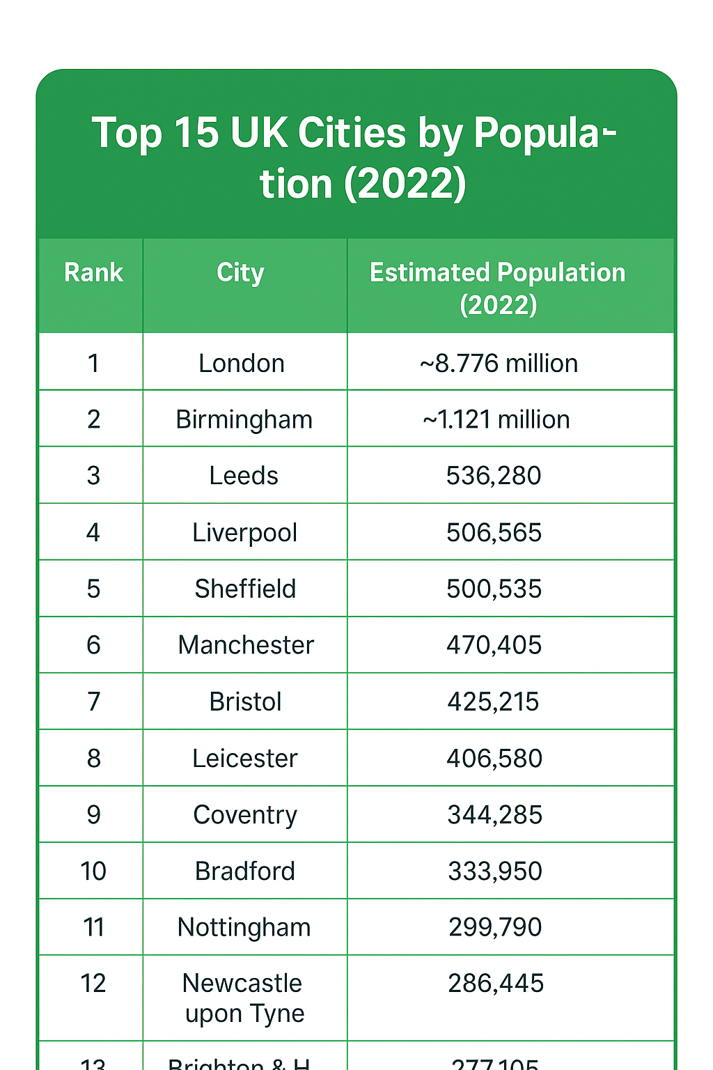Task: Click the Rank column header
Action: click(93, 272)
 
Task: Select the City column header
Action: click(240, 272)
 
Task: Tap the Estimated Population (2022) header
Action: click(498, 288)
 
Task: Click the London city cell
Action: click(242, 363)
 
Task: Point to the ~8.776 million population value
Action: click(499, 363)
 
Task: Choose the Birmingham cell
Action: click(244, 419)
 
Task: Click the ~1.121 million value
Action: click(496, 419)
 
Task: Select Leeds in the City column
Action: click(244, 476)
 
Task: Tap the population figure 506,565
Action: click(494, 532)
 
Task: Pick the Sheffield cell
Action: click(245, 589)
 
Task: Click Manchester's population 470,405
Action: click(494, 645)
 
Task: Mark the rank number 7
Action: click(93, 701)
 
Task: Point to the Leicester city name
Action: click(245, 758)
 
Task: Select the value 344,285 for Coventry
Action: click(494, 814)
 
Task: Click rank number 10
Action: click(93, 871)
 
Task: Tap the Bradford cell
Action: click(245, 871)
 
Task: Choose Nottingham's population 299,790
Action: click(495, 927)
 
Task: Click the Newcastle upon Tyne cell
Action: click(243, 998)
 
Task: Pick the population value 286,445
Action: click(495, 984)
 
